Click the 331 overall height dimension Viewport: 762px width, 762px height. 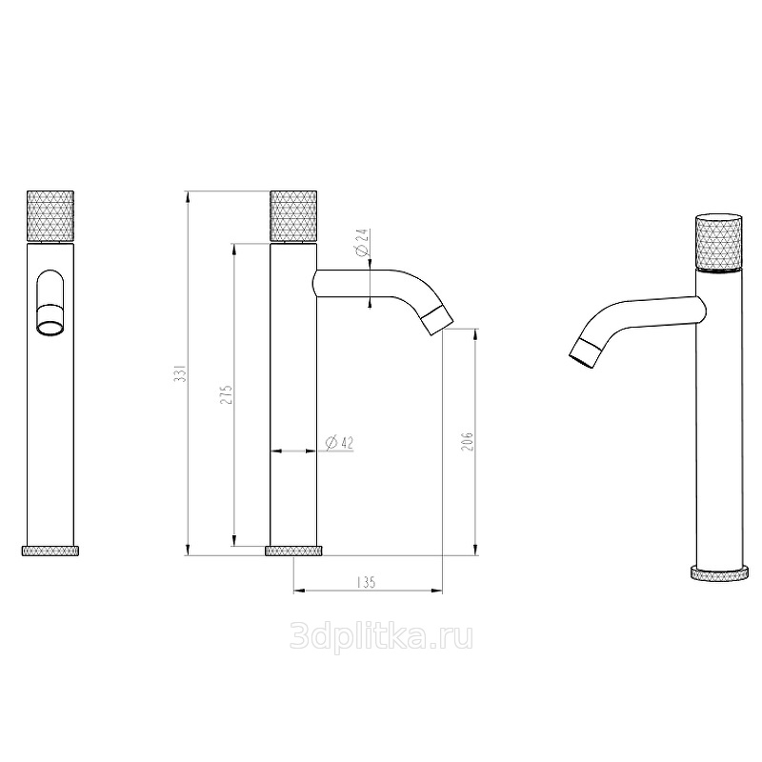(x=180, y=372)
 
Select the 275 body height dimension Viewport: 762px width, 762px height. (x=227, y=394)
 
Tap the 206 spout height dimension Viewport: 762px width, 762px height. (x=467, y=441)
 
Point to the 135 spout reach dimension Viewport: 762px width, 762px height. (x=367, y=582)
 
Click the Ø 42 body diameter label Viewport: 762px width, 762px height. (x=340, y=443)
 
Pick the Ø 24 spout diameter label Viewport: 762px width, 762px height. (x=363, y=243)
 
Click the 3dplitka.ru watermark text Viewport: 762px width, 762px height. (x=381, y=636)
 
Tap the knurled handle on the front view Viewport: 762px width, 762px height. (x=50, y=216)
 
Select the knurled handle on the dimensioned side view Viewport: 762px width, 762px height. (x=293, y=216)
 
